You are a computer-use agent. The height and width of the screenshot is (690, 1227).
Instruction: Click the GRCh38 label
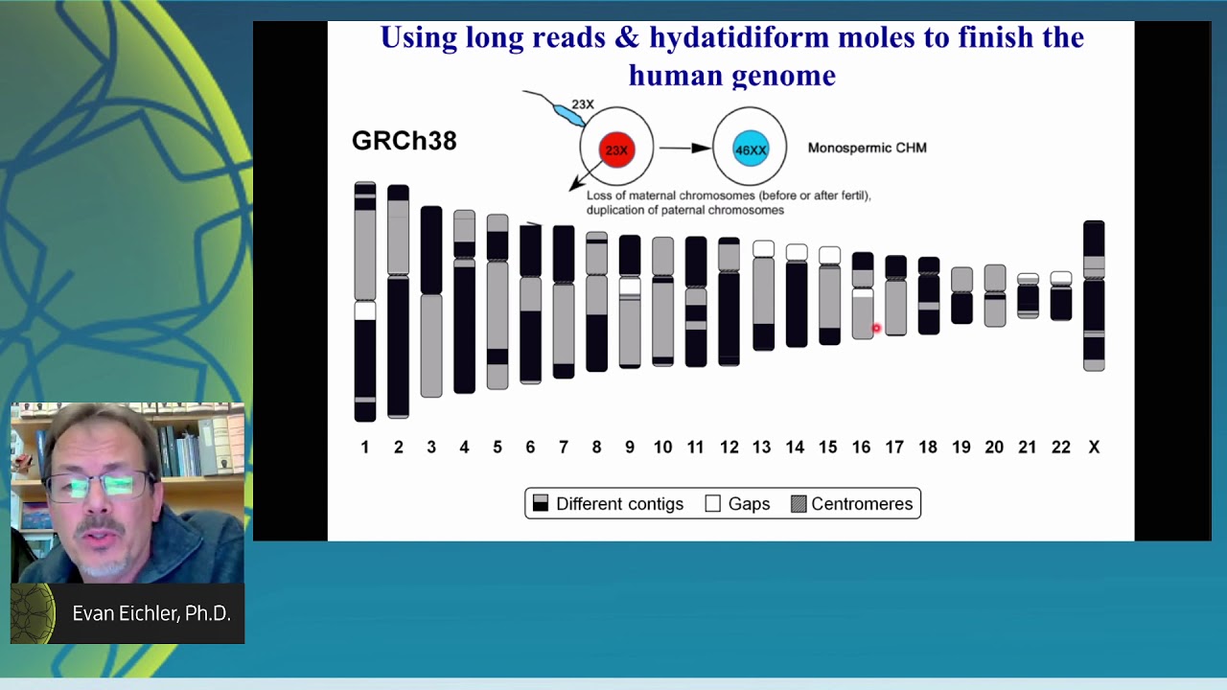click(x=404, y=141)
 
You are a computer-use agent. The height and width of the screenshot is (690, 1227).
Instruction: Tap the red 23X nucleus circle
click(x=616, y=149)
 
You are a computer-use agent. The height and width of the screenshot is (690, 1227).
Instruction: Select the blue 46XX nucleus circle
click(x=750, y=149)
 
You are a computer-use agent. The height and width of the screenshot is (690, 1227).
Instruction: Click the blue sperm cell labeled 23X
click(x=568, y=115)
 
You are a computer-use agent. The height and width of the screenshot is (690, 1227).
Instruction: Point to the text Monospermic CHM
click(x=867, y=148)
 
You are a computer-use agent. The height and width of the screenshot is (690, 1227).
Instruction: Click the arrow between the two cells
click(x=684, y=148)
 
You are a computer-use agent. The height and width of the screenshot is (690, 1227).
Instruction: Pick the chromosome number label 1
click(x=364, y=448)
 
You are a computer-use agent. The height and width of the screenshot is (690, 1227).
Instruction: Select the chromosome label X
click(x=1094, y=448)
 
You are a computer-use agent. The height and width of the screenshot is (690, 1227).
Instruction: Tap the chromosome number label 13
click(x=761, y=448)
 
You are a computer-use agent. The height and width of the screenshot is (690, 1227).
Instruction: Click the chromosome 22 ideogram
click(x=1060, y=297)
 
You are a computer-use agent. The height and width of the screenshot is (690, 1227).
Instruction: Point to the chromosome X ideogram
click(x=1094, y=295)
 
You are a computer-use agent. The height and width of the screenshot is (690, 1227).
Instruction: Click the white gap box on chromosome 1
click(x=365, y=310)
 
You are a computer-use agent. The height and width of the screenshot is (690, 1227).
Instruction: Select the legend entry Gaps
click(x=737, y=504)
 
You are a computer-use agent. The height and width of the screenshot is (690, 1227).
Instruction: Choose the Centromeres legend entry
click(x=851, y=504)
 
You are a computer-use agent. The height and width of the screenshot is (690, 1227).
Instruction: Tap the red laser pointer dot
click(x=875, y=329)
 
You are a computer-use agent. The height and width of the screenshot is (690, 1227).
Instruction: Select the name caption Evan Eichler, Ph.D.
click(x=151, y=613)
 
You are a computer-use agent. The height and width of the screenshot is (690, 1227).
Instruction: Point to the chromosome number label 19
click(x=961, y=448)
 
